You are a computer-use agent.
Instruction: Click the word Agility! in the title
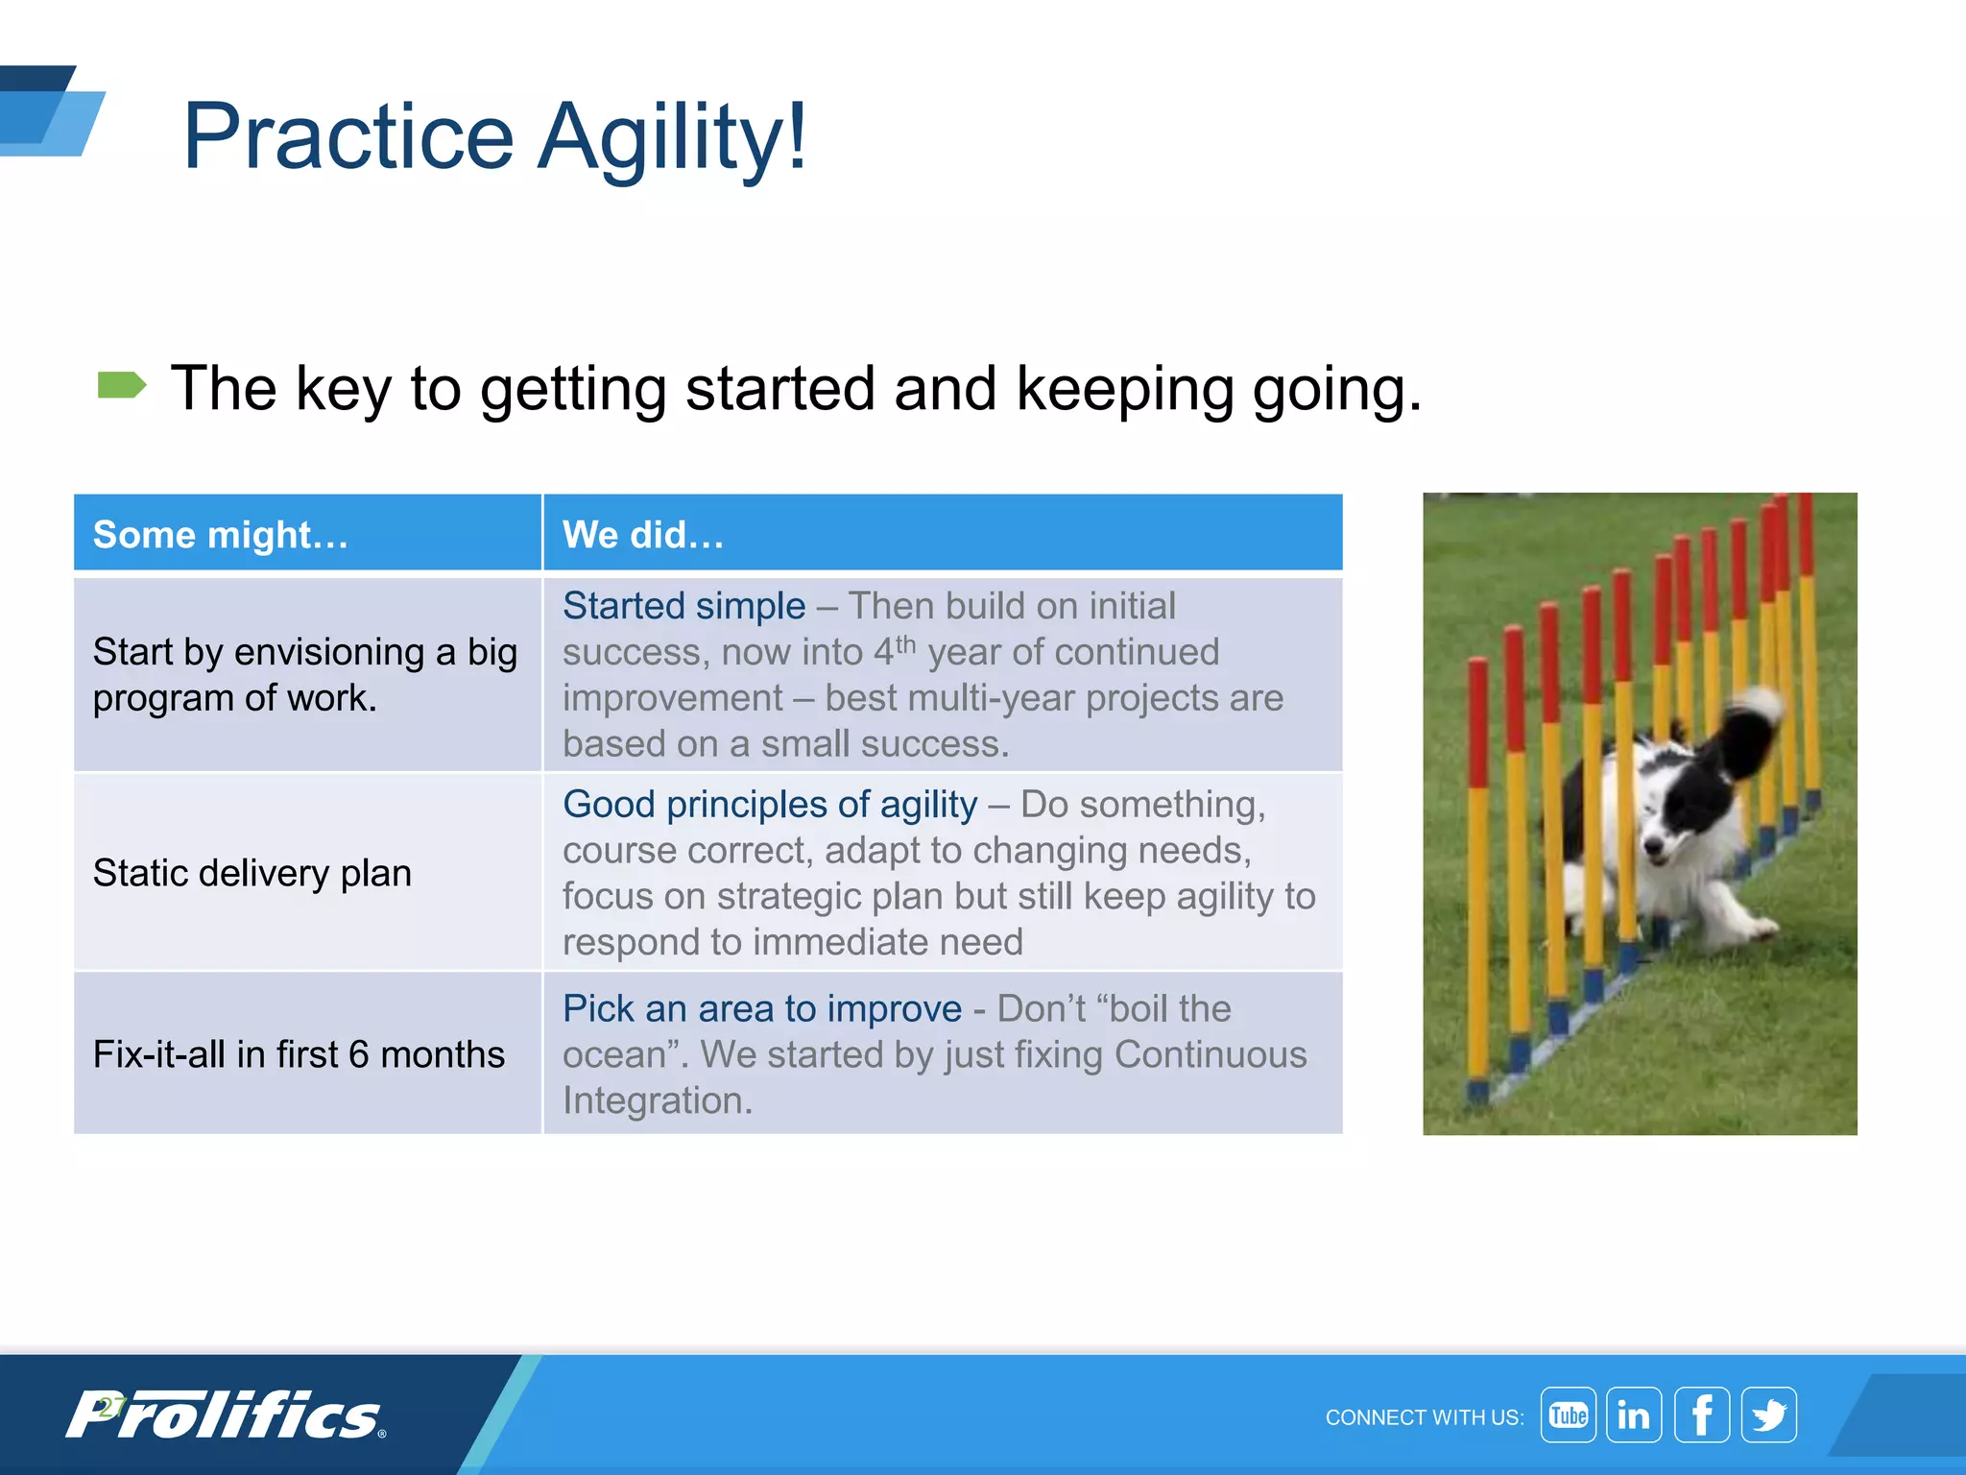click(672, 137)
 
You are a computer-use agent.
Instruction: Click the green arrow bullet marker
click(122, 386)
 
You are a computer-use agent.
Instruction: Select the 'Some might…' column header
click(221, 535)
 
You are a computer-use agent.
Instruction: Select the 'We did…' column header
click(643, 535)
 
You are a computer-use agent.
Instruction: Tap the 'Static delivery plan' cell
click(252, 873)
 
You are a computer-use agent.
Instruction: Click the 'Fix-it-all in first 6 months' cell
click(299, 1054)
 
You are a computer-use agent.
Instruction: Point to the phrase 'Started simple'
click(683, 606)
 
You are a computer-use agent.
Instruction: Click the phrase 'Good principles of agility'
click(770, 804)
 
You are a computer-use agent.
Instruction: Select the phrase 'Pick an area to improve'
click(762, 1008)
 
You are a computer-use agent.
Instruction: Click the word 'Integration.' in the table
click(658, 1100)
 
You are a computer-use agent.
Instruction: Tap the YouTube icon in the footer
click(1568, 1415)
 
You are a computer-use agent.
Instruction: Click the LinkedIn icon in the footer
click(1634, 1415)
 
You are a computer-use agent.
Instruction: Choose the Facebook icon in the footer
click(1701, 1415)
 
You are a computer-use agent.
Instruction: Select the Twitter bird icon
click(1769, 1415)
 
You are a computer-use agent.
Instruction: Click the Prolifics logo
click(226, 1415)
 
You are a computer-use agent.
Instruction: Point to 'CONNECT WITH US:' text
click(1424, 1417)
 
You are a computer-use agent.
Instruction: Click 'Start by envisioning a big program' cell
click(305, 674)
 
